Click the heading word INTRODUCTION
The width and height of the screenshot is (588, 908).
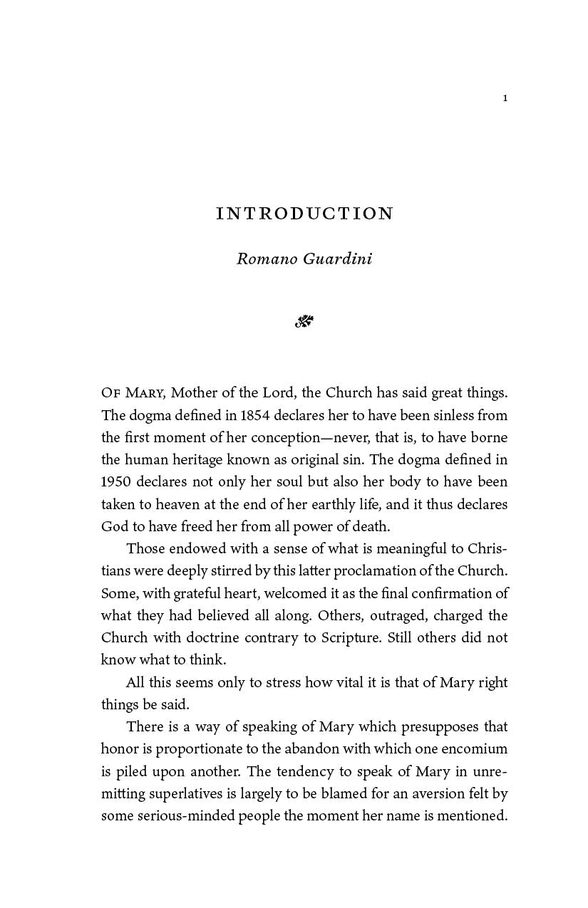(304, 214)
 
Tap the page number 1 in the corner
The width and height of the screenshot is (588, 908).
(505, 98)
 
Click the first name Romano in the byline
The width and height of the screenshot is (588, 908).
(267, 258)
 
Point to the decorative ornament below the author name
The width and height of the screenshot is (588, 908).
(304, 322)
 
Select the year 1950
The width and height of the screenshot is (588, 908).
(116, 482)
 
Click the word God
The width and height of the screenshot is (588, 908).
(113, 527)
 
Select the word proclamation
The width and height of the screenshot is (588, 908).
(393, 571)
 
